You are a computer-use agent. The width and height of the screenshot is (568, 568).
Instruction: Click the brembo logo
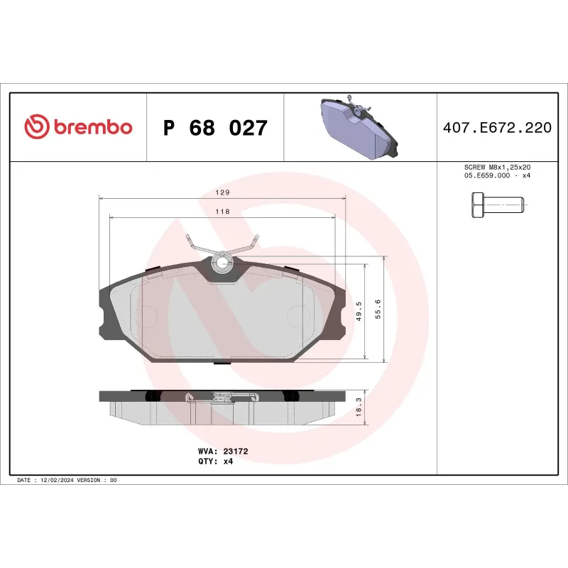click(79, 126)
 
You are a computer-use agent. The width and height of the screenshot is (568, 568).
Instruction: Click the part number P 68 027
click(215, 129)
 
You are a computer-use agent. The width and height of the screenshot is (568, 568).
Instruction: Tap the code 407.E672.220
click(496, 129)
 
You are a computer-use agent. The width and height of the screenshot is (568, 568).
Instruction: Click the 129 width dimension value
click(222, 192)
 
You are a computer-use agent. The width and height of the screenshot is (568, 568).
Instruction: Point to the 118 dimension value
click(222, 211)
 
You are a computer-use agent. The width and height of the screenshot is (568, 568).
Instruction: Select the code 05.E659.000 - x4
click(496, 175)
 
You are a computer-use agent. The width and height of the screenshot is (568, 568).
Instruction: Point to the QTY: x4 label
click(215, 461)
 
